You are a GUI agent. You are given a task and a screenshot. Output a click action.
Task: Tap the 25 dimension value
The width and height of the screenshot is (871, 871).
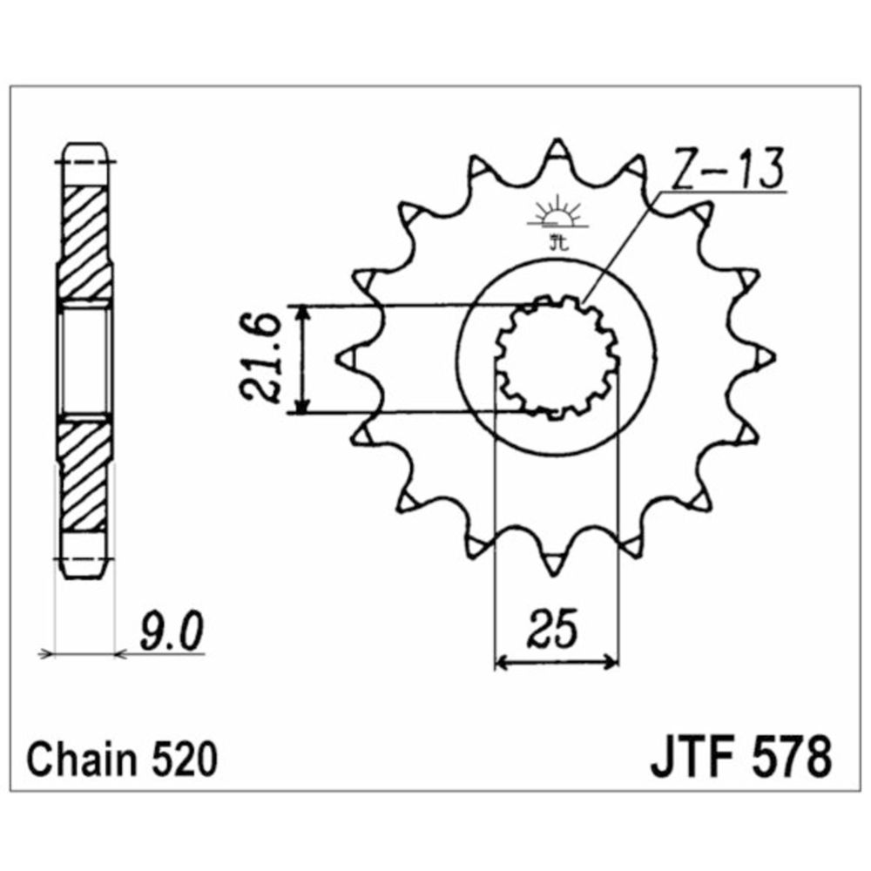(x=555, y=628)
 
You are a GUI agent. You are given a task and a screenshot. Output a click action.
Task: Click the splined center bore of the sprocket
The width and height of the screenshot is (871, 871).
(x=557, y=357)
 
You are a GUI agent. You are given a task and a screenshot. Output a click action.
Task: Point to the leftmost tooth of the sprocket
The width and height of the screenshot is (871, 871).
(x=346, y=358)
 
